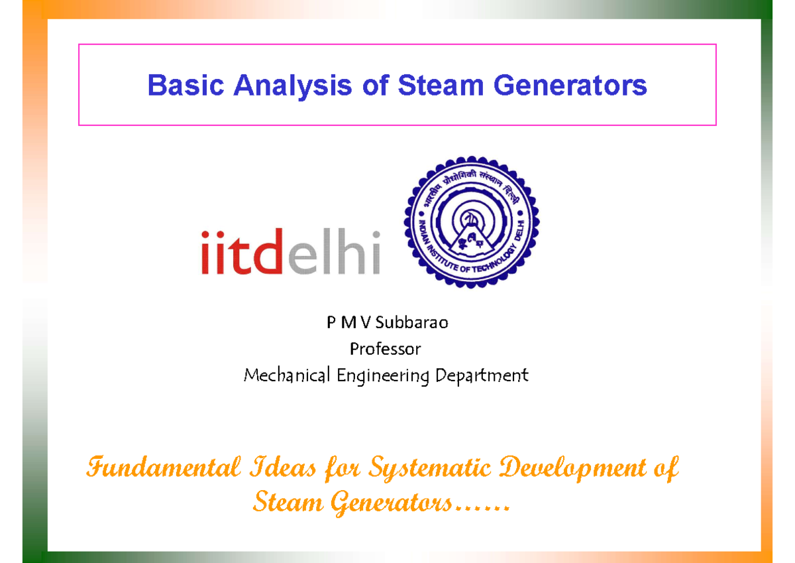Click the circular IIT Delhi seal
coord(471,222)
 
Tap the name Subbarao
coord(412,323)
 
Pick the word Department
coord(482,376)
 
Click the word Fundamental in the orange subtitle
coord(165,469)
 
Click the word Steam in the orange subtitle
coord(287,503)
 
